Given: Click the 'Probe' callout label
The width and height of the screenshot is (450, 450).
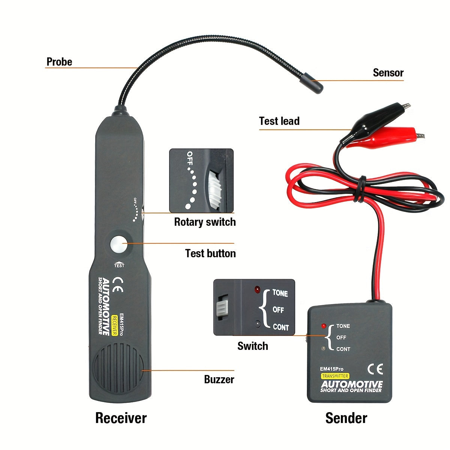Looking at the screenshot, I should pyautogui.click(x=59, y=62).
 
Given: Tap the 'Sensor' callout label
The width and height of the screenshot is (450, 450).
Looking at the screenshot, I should pyautogui.click(x=388, y=73).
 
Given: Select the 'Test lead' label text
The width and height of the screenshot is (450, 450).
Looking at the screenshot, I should pyautogui.click(x=279, y=121).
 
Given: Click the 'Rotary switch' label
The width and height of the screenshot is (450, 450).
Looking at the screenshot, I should pyautogui.click(x=205, y=222).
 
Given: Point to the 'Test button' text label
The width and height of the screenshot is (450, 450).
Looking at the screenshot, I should pyautogui.click(x=210, y=253).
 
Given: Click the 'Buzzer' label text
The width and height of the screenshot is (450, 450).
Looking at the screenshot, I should pyautogui.click(x=219, y=379).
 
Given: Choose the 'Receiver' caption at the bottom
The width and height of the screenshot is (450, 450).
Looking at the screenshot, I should pyautogui.click(x=121, y=418).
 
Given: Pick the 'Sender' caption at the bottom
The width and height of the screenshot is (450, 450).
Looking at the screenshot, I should pyautogui.click(x=346, y=418).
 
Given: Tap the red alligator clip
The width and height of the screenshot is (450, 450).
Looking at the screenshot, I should pyautogui.click(x=397, y=136).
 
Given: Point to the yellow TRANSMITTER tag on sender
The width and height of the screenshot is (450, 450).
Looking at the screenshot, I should pyautogui.click(x=335, y=376).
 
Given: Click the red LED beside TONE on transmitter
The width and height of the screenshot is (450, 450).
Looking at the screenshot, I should pyautogui.click(x=324, y=326).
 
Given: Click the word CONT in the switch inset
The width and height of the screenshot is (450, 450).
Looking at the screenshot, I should pyautogui.click(x=281, y=327).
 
